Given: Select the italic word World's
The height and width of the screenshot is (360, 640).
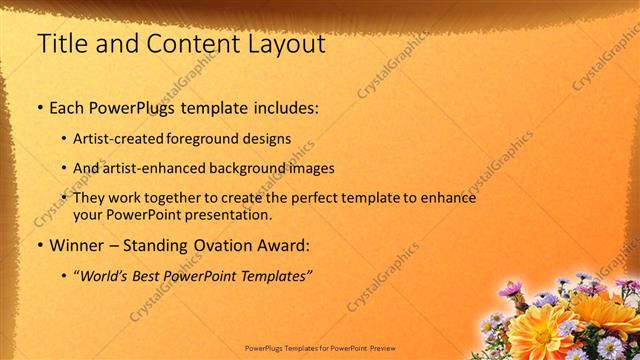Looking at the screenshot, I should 106,275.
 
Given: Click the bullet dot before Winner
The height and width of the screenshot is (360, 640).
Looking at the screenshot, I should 39,245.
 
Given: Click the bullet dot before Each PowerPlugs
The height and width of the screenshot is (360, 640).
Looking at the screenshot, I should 39,107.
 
